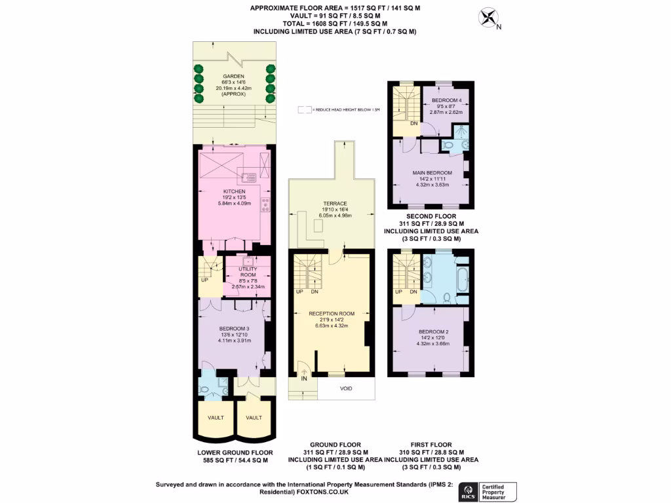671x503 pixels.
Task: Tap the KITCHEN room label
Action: coord(234,191)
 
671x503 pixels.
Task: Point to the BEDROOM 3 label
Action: coord(234,328)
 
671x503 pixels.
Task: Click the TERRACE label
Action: coord(335,204)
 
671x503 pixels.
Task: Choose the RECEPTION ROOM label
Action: coord(332,314)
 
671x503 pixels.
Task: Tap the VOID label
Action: coord(346,388)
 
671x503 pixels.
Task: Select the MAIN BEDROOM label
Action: coord(432,172)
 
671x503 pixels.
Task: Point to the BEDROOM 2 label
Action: coord(432,331)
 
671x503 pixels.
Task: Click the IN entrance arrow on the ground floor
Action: coord(303,373)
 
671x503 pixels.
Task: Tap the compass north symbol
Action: coord(488,18)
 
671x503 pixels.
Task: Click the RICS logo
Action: coord(468,491)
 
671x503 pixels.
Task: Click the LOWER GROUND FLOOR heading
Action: coord(234,452)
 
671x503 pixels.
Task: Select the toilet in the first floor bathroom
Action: coord(447,298)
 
